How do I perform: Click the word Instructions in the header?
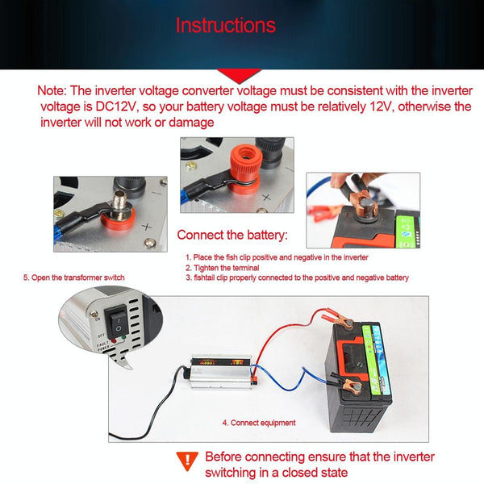pos(225,25)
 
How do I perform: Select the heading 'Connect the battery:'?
pos(232,236)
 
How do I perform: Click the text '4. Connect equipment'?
pos(258,423)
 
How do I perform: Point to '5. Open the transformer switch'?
pos(73,277)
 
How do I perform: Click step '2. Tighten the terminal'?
pos(222,267)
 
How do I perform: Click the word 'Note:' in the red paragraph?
pos(55,91)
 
